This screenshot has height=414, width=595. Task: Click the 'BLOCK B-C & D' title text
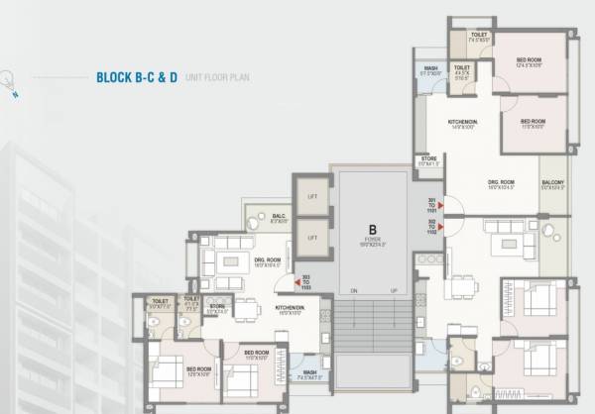click(x=136, y=76)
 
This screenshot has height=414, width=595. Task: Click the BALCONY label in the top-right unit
click(x=553, y=183)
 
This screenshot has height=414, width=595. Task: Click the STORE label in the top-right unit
click(x=429, y=158)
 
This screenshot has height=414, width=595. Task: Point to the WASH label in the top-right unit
click(x=431, y=68)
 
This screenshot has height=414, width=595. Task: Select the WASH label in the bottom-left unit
click(x=309, y=372)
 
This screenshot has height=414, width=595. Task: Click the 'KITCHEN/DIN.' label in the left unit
click(x=291, y=308)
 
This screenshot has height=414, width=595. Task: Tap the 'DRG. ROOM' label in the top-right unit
click(x=501, y=182)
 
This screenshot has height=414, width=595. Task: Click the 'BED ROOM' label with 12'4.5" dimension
click(x=529, y=61)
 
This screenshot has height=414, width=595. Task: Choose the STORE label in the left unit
click(x=218, y=307)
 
